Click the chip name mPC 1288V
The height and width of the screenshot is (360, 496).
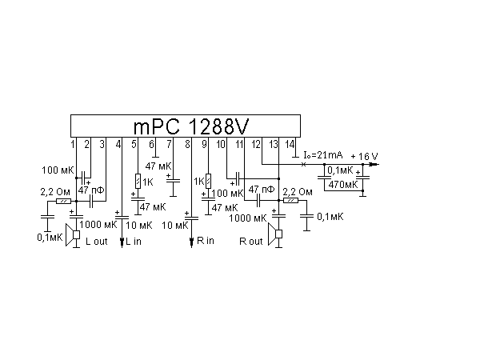(x=191, y=126)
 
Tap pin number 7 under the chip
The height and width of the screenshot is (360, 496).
(x=169, y=144)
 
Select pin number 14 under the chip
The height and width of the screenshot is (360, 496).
(x=290, y=144)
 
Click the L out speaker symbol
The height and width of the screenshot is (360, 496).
(x=73, y=234)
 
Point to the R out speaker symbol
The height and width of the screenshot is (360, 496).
(x=275, y=234)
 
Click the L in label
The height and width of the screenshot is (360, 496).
(x=134, y=242)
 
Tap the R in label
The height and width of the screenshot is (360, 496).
(x=206, y=241)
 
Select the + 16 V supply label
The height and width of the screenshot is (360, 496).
(x=365, y=156)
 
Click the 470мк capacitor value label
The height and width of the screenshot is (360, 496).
(x=343, y=185)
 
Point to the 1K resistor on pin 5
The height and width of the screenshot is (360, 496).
(x=138, y=182)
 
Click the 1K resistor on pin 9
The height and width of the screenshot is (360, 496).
(x=208, y=182)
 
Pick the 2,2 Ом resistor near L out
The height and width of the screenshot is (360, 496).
(x=63, y=201)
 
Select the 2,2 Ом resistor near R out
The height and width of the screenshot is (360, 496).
(x=290, y=200)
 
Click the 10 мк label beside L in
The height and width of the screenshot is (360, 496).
(x=139, y=226)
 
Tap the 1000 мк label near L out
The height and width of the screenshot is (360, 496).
(x=98, y=225)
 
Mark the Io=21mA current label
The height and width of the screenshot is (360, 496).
(x=323, y=155)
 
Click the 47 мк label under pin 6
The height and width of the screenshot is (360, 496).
(x=158, y=166)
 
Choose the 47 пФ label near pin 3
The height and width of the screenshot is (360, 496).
(x=91, y=190)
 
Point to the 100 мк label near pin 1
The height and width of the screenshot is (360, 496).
(x=58, y=170)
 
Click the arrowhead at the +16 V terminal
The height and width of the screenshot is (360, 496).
(x=374, y=165)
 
